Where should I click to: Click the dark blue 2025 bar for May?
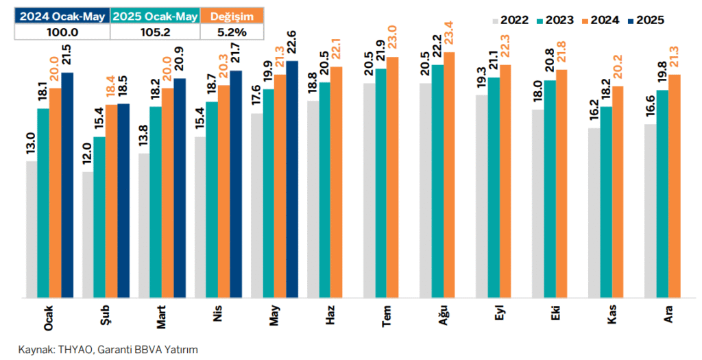coord(292,179)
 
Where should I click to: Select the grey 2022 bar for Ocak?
coord(32,229)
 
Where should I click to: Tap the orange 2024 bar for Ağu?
coord(450,175)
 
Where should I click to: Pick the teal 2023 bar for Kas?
coord(606,202)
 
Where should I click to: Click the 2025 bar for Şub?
coord(123,201)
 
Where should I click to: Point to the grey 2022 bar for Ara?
coord(651,211)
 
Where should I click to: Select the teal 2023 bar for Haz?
coord(324,191)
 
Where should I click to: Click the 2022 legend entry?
coord(510,20)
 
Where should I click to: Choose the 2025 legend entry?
coord(646,20)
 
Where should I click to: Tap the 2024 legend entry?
coord(601,20)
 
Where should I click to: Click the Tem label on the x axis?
coord(387,317)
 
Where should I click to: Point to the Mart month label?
coord(162,317)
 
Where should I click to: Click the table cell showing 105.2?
coord(155,32)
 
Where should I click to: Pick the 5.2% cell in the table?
coord(232,32)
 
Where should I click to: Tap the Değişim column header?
coord(232,16)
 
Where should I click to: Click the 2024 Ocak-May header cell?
coord(62,16)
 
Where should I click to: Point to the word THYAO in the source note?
coord(75,350)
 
